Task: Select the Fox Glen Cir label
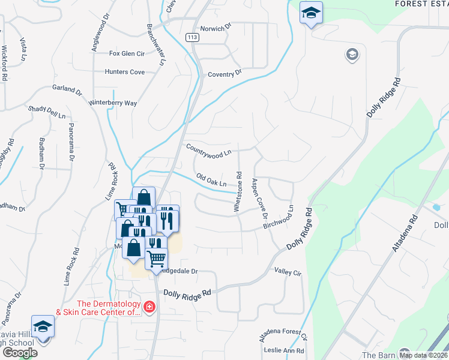coord(127,53)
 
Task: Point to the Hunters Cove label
coord(125,72)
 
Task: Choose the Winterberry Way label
coord(113,103)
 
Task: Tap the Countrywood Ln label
coord(208,150)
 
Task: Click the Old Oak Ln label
coord(212,179)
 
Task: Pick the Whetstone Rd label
coord(238,192)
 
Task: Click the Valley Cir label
coord(287,272)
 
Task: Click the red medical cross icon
coord(148,308)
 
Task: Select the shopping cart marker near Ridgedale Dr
coord(157,259)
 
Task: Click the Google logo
coord(19,353)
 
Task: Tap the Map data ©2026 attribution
coord(423,355)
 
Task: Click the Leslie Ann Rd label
coord(285,351)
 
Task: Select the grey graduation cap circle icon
coord(352,55)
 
